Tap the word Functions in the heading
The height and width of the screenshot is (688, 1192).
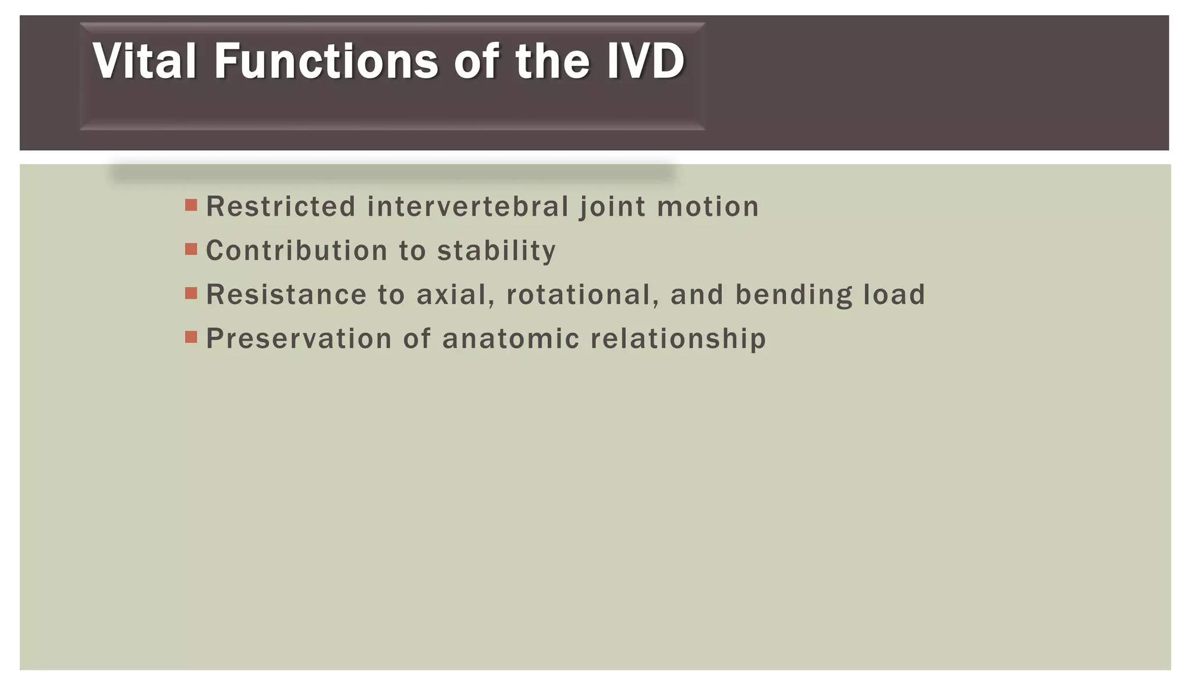(326, 61)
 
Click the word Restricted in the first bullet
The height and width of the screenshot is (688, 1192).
(281, 207)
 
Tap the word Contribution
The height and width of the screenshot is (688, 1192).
(297, 251)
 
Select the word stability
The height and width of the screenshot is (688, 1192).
(496, 251)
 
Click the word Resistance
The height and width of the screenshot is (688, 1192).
(286, 295)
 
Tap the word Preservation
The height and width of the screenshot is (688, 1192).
(299, 339)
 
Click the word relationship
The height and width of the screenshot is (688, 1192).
(678, 339)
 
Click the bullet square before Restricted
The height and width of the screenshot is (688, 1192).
(191, 205)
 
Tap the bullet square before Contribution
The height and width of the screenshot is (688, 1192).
(191, 249)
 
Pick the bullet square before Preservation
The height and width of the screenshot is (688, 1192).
(191, 337)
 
